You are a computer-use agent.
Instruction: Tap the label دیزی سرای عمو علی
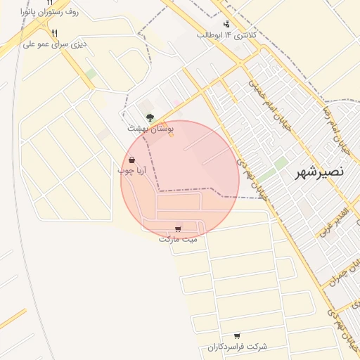(54, 44)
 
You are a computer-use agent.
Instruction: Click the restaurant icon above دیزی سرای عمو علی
(55, 32)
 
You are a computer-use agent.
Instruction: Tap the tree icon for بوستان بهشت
(149, 118)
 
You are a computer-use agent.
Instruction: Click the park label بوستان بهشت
(150, 129)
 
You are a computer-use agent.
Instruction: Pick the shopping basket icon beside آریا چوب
(132, 160)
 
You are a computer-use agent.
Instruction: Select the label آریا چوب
(131, 170)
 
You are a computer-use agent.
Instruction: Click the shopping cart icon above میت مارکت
(178, 229)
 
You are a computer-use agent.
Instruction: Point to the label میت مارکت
(178, 239)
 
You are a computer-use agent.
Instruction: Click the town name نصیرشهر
(320, 171)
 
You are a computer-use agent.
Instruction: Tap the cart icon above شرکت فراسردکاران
(237, 336)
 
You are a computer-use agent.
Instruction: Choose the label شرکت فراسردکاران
(238, 347)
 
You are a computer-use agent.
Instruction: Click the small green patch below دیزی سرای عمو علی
(91, 74)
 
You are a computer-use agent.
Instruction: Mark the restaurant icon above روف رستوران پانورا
(50, 2)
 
